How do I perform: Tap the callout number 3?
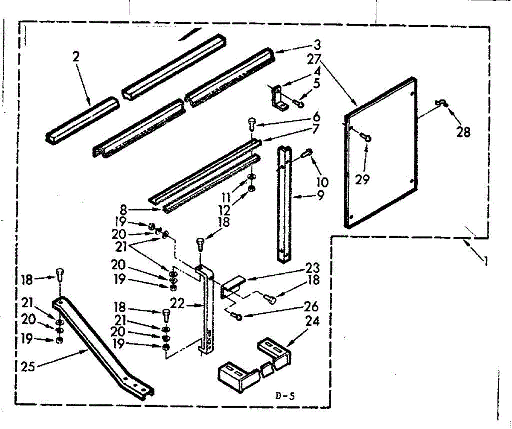coord(317,44)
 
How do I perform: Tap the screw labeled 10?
coord(307,152)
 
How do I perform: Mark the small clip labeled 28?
coord(439,102)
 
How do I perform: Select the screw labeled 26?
coord(237,316)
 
